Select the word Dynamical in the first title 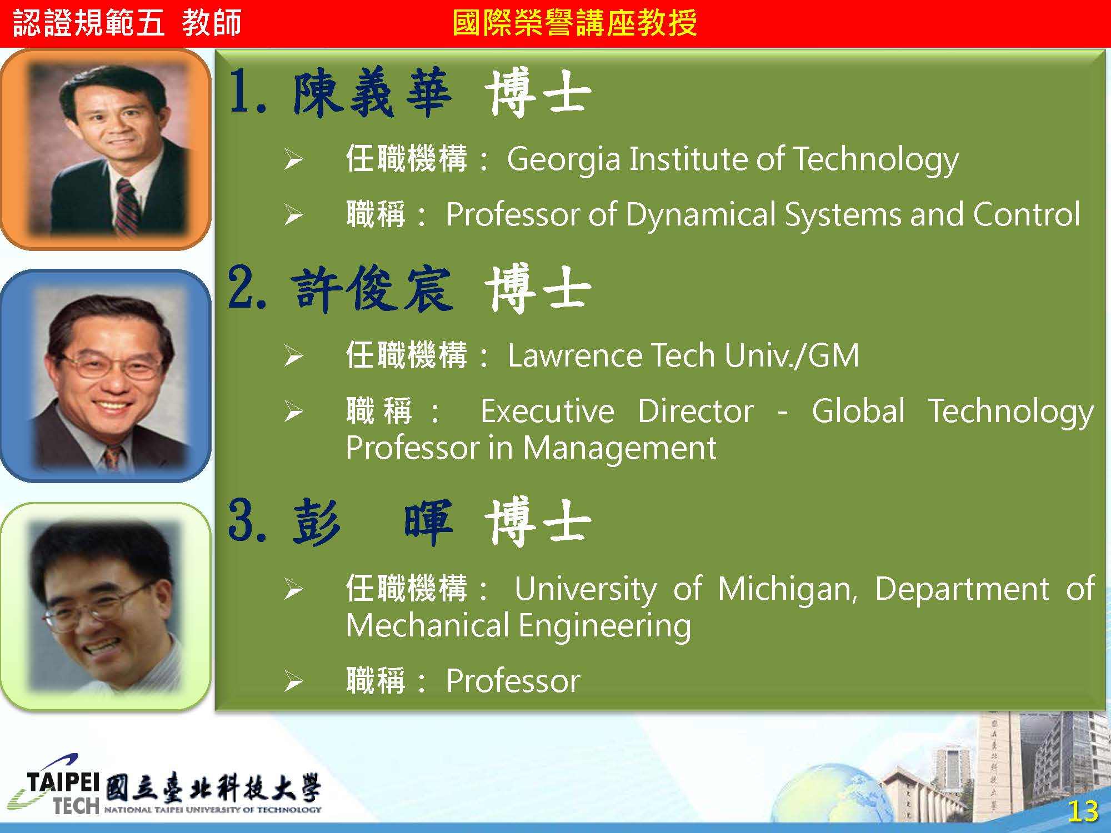[x=700, y=215]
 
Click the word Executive [x=547, y=411]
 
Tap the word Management [x=619, y=449]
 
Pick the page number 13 [x=1083, y=811]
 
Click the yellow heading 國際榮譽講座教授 [x=574, y=23]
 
